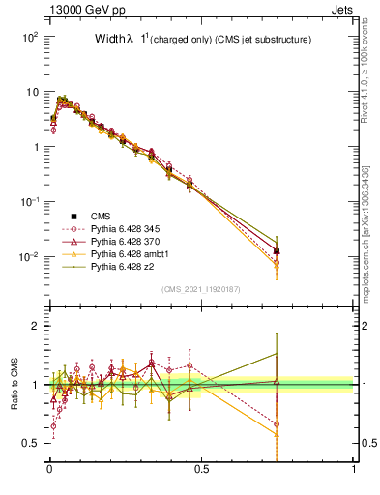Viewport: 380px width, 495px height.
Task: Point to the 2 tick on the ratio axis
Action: [33, 326]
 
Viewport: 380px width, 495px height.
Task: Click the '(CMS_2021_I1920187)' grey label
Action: [201, 288]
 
